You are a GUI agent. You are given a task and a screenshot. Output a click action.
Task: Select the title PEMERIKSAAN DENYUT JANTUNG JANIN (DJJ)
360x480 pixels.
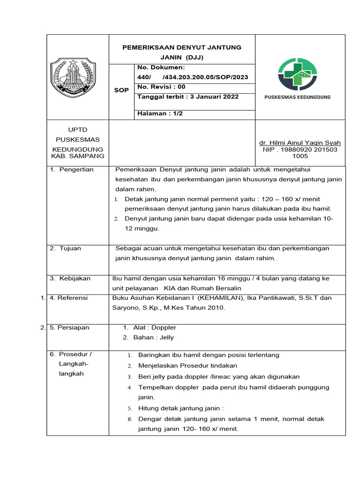[181, 52]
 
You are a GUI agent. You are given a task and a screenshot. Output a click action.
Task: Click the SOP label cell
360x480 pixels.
[121, 90]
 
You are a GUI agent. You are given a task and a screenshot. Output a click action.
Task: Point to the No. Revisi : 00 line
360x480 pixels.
[162, 87]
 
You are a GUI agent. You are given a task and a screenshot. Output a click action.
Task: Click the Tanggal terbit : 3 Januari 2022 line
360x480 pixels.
[188, 97]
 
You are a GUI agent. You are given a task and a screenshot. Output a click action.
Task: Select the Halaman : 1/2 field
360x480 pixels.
[159, 113]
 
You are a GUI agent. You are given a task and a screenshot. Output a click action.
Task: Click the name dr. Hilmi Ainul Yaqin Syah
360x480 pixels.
[300, 143]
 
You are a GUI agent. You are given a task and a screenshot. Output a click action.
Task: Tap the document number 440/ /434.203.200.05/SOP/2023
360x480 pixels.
[193, 77]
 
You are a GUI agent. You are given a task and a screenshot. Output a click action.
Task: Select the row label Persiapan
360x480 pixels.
[73, 328]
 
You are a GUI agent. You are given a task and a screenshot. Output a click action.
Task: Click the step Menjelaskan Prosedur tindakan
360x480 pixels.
[187, 366]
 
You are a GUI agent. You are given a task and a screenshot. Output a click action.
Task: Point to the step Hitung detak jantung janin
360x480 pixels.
[180, 408]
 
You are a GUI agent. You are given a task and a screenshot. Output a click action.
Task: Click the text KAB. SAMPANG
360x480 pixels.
[78, 156]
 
